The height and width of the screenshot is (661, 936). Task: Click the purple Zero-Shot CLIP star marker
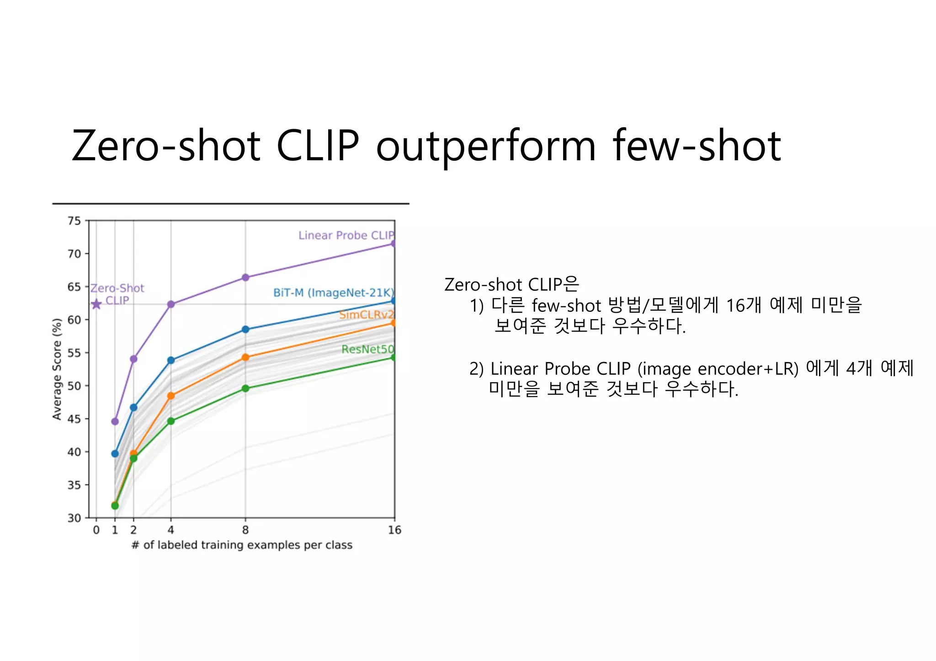coord(96,304)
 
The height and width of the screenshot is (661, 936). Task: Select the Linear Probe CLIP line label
coord(346,235)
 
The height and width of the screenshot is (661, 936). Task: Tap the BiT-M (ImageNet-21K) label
coord(334,293)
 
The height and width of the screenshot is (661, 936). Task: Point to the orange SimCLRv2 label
coord(366,315)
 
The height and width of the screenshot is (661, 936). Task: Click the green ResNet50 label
coord(367,349)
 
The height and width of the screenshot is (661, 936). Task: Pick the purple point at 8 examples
coord(245,278)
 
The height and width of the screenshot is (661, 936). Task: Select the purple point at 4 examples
coord(171,304)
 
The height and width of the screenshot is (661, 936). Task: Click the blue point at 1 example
coord(115,454)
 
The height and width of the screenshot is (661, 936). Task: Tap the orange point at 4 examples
coord(171,396)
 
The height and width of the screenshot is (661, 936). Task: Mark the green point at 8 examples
coord(245,388)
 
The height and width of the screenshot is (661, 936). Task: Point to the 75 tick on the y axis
coord(74,221)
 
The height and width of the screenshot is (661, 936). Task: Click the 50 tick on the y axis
coord(74,386)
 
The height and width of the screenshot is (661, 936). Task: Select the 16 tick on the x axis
coord(394,530)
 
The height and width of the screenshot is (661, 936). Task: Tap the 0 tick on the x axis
coord(96,530)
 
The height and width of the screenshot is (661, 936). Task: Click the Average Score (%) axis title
coord(57,369)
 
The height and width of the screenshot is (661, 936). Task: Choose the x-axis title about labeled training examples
coord(242,545)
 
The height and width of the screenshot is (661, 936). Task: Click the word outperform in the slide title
coord(486,146)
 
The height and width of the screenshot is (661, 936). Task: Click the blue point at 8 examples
coord(245,329)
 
